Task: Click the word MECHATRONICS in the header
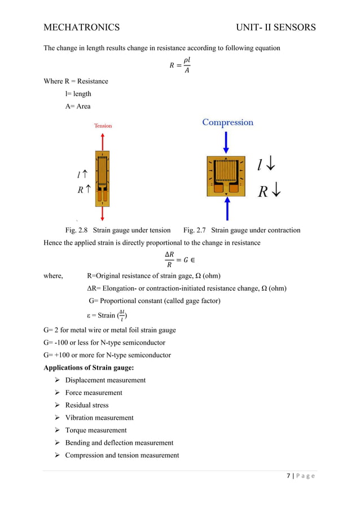pos(81,27)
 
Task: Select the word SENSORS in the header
pos(292,27)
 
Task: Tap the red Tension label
pos(103,126)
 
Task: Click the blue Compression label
pos(227,122)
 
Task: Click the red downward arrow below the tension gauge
pos(103,212)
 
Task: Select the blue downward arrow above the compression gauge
pos(226,142)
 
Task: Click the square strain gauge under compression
pos(226,175)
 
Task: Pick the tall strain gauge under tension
pos(103,177)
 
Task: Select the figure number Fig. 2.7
pos(195,230)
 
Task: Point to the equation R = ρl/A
pos(180,64)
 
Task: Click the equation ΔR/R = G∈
pos(180,258)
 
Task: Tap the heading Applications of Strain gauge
pos(89,367)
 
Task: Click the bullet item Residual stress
pos(87,405)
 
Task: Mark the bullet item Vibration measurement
pos(99,418)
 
